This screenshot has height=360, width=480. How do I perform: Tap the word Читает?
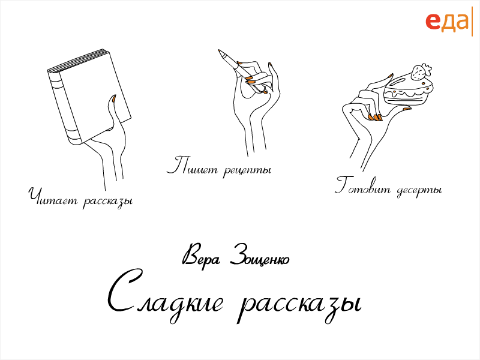point(53,197)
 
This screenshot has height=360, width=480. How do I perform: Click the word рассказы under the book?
point(108,202)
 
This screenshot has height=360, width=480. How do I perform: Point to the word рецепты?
point(247,170)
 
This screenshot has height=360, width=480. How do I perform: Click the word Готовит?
point(363,186)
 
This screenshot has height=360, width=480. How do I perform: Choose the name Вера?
point(201,257)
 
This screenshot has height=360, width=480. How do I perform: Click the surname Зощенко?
point(260,257)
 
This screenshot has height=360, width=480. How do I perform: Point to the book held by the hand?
point(89,97)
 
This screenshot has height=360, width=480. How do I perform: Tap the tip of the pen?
point(219,50)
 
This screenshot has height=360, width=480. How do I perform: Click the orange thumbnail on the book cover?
point(113,98)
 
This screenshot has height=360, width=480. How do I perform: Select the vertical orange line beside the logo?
point(472,22)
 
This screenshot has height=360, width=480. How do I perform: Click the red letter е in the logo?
point(433,22)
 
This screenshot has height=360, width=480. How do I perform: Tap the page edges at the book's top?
point(77,60)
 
